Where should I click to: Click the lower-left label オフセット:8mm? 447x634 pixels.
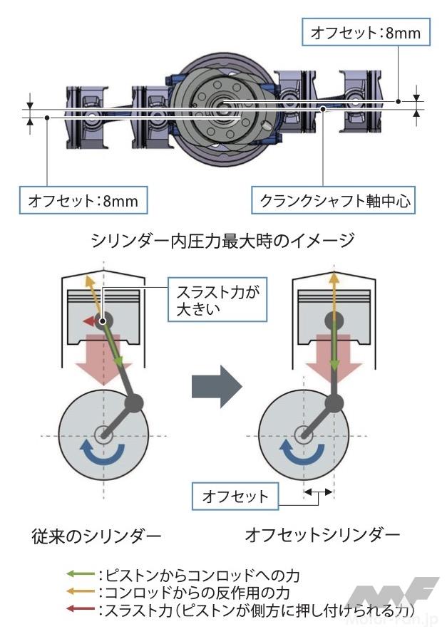coord(83,202)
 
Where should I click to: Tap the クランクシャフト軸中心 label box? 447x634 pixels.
coord(333,202)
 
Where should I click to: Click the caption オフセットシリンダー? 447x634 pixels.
coord(322,534)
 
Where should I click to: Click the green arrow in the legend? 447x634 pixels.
coord(76,574)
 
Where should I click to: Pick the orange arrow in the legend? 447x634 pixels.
coord(76,592)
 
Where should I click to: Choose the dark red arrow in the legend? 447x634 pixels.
coord(76,610)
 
